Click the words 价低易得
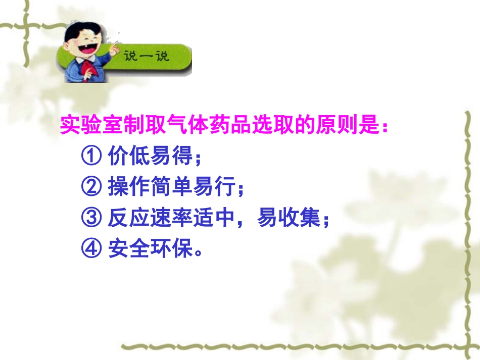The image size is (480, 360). coord(151,157)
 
